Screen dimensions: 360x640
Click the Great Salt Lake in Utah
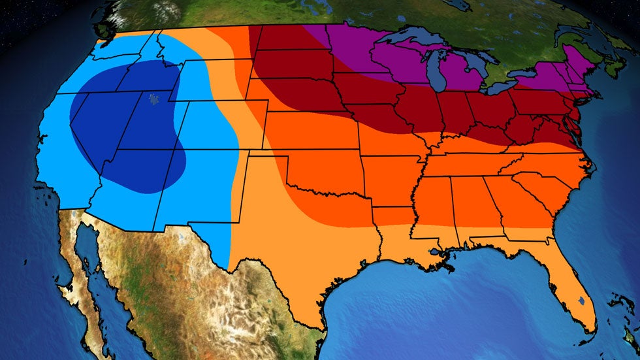point(154,99)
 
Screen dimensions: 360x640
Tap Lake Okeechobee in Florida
point(581,302)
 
